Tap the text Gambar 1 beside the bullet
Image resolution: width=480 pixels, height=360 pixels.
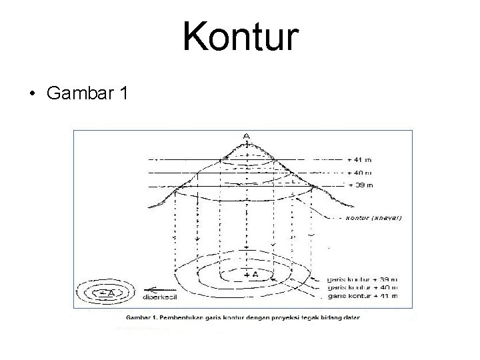pos(87,93)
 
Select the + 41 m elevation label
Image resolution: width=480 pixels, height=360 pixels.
pos(361,159)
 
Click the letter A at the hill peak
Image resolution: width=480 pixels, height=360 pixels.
pos(247,136)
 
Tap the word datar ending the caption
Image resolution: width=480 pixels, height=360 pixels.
pos(351,318)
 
